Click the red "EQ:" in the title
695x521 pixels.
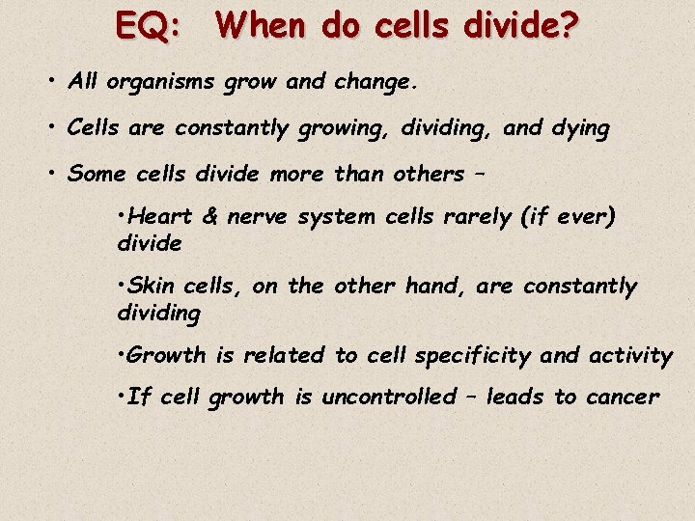pyautogui.click(x=148, y=25)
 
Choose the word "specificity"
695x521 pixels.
pyautogui.click(x=473, y=356)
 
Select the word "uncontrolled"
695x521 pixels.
pyautogui.click(x=388, y=397)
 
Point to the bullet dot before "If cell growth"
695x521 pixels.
pyautogui.click(x=120, y=396)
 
